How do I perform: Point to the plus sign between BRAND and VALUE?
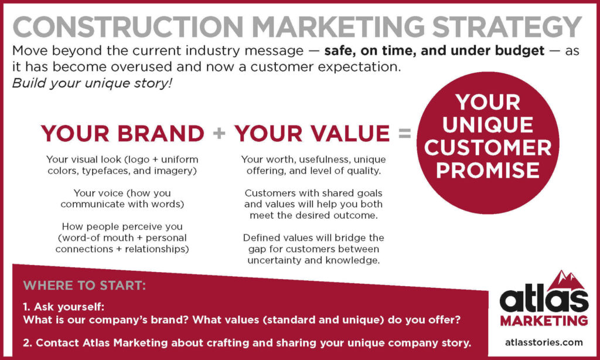[219, 133]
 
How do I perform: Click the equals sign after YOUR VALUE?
[404, 133]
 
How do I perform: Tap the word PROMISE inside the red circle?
[488, 169]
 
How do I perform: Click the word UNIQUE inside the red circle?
[488, 124]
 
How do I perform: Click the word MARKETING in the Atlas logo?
[544, 321]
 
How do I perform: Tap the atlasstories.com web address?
[543, 341]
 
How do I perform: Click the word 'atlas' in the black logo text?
[543, 301]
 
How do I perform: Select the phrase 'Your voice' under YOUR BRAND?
[96, 192]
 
